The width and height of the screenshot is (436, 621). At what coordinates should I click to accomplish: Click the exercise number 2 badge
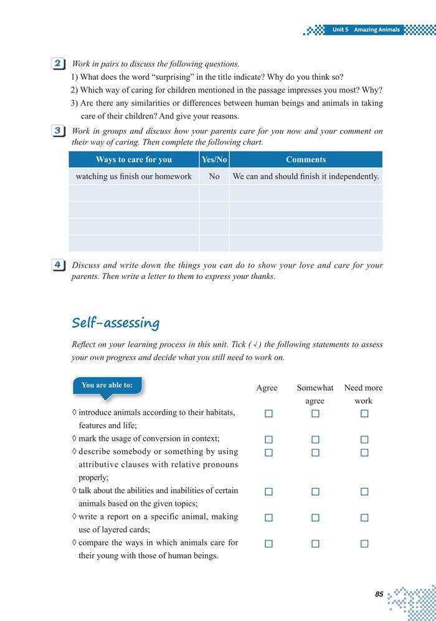58,64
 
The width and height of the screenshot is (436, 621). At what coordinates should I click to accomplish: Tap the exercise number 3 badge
58,131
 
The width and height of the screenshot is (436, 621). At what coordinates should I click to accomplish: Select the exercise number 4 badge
58,265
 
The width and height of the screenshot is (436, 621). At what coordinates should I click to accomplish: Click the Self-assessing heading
116,322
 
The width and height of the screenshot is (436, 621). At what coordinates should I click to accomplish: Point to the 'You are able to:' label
107,385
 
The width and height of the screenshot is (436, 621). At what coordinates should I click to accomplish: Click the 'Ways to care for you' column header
133,160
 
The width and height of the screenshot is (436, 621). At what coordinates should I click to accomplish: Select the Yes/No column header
214,160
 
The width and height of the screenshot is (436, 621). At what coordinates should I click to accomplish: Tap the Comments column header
306,160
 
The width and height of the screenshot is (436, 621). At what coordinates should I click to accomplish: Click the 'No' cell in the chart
214,176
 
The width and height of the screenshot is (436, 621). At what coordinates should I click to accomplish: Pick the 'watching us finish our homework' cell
133,176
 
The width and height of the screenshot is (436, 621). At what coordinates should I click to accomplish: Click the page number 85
379,594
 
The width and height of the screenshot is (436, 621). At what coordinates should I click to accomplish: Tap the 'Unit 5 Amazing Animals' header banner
366,30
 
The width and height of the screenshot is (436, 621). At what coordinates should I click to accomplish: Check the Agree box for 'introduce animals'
268,413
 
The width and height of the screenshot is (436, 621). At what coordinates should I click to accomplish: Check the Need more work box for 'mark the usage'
364,439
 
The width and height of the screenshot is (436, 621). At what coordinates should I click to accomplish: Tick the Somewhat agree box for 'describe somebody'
315,453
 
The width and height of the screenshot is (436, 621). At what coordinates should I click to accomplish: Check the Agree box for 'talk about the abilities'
268,491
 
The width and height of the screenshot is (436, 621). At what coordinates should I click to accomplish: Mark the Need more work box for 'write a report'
364,517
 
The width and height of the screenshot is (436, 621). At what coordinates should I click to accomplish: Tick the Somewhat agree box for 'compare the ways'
315,544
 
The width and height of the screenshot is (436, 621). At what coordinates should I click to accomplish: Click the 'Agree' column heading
267,388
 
